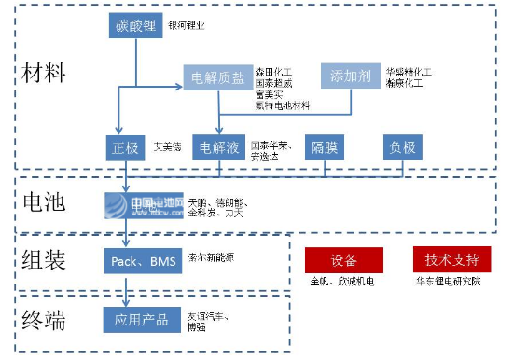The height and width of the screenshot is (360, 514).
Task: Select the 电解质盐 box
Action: [x=216, y=76]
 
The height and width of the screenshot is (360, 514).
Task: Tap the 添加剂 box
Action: [x=351, y=76]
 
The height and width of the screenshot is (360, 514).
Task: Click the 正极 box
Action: [x=125, y=146]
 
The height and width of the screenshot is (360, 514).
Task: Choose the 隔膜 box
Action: [x=325, y=146]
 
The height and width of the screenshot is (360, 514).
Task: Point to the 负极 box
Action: [x=405, y=146]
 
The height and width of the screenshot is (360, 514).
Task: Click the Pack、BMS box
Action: [x=142, y=262]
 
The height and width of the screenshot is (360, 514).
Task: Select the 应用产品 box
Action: [x=142, y=320]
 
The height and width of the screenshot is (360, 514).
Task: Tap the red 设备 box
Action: [x=344, y=260]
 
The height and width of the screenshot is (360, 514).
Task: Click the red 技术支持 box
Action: [x=451, y=259]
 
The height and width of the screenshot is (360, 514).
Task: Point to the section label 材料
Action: [x=45, y=71]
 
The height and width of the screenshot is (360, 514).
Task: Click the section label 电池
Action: [x=45, y=202]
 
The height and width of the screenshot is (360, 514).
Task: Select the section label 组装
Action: [x=45, y=261]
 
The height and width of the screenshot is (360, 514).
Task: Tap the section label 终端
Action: [x=45, y=320]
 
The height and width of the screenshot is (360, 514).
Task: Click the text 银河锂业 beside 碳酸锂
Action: [x=187, y=24]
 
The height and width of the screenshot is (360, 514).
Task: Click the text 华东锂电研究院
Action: [x=449, y=281]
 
